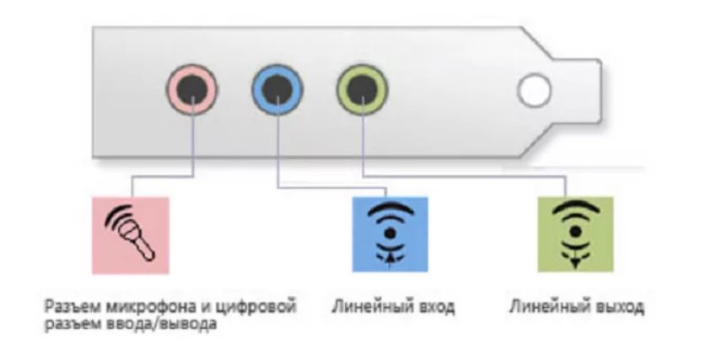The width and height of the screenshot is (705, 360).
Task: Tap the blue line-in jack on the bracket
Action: click(277, 87)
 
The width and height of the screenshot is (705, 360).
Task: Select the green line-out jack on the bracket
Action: click(361, 87)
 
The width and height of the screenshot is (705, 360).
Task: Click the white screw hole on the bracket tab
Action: click(534, 89)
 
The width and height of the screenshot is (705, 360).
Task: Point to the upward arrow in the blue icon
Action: click(390, 254)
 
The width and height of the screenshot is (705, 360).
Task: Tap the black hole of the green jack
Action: click(361, 87)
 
